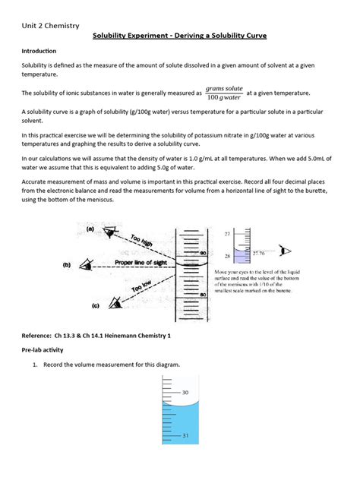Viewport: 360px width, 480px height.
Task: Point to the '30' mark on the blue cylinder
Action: point(185,393)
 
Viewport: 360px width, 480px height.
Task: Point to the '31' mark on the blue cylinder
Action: point(185,435)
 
